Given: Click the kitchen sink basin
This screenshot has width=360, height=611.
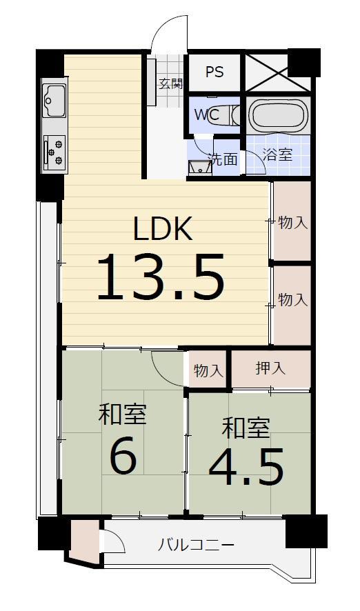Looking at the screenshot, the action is pyautogui.click(x=54, y=101).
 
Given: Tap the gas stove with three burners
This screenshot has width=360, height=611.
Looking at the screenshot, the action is pyautogui.click(x=54, y=152).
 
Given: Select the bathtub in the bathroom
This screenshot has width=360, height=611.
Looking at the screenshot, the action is pyautogui.click(x=278, y=114).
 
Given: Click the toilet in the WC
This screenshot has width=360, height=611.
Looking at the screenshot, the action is pyautogui.click(x=223, y=116).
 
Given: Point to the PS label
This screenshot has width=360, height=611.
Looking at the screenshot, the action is pyautogui.click(x=214, y=72).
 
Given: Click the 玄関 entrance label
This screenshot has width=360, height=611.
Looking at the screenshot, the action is pyautogui.click(x=170, y=83).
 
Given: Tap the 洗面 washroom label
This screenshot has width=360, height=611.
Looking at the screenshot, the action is pyautogui.click(x=223, y=159).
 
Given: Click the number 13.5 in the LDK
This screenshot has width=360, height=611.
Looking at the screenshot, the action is pyautogui.click(x=160, y=277).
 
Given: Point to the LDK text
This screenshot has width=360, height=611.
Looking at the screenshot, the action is pyautogui.click(x=163, y=230).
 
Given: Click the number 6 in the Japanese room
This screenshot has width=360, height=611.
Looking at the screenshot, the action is pyautogui.click(x=123, y=458).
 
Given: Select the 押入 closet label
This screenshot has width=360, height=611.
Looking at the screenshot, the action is pyautogui.click(x=270, y=368).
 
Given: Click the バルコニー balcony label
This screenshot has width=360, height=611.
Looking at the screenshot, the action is pyautogui.click(x=196, y=545).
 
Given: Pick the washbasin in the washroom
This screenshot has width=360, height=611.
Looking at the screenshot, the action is pyautogui.click(x=200, y=168).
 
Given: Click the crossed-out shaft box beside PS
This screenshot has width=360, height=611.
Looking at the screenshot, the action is pyautogui.click(x=278, y=72).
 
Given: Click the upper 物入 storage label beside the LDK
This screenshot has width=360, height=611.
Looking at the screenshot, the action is pyautogui.click(x=293, y=223).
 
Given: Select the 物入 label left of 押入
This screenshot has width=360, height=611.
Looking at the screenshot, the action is pyautogui.click(x=209, y=371).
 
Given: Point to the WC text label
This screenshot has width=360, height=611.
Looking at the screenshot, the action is pyautogui.click(x=207, y=115).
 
